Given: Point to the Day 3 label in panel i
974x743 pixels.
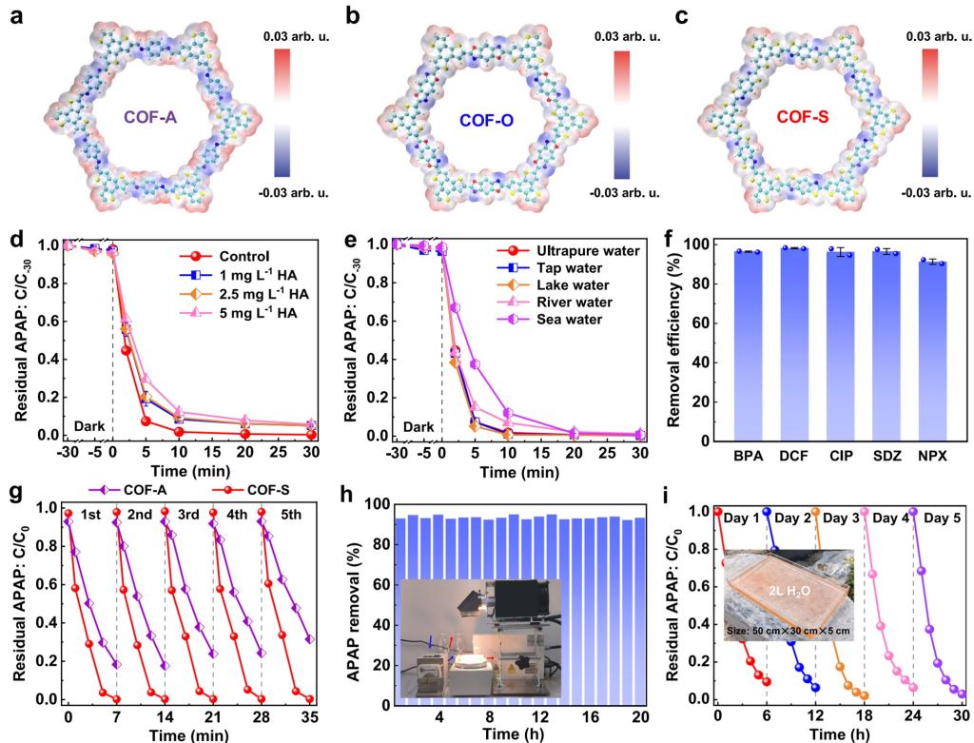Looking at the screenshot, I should (839, 518).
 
